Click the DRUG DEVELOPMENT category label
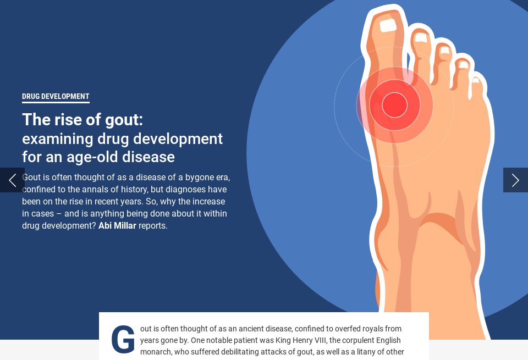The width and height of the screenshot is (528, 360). (56, 97)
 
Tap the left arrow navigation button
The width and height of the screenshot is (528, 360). (12, 180)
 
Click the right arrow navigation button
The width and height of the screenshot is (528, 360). (515, 180)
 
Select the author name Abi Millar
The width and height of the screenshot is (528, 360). (117, 225)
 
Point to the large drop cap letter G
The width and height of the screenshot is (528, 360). (123, 340)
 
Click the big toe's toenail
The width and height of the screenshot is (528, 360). (388, 25)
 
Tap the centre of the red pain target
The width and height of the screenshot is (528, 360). (394, 105)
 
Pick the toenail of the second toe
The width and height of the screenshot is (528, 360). (421, 37)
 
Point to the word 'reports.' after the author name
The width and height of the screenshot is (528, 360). (153, 225)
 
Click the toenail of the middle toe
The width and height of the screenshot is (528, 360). (444, 51)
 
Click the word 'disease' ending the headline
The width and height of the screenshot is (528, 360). (149, 157)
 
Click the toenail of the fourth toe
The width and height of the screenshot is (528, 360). (464, 64)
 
